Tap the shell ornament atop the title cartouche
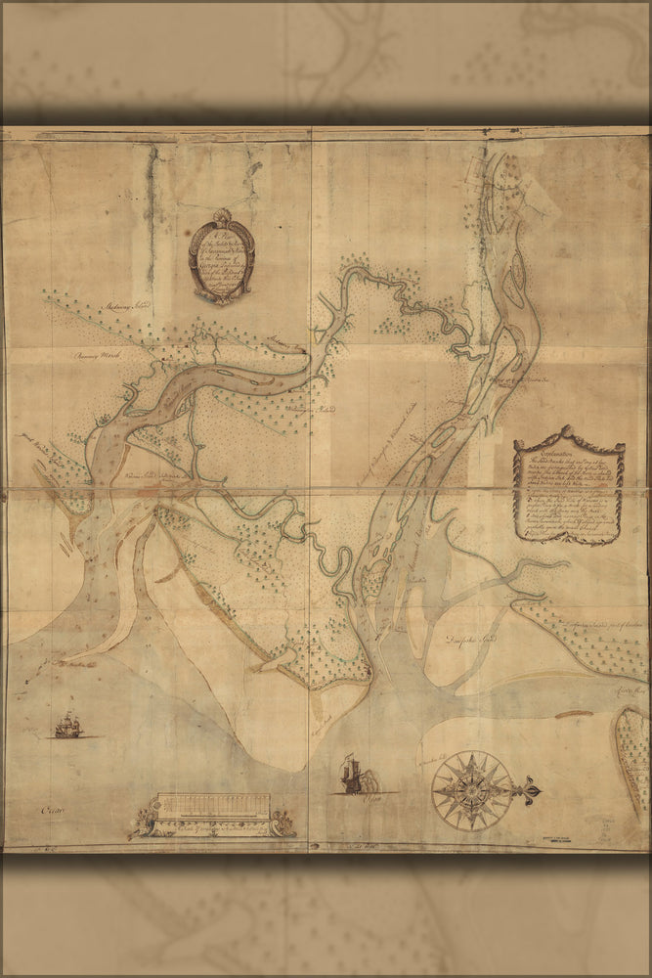pyautogui.click(x=222, y=216)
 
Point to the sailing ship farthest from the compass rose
pyautogui.click(x=67, y=726)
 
